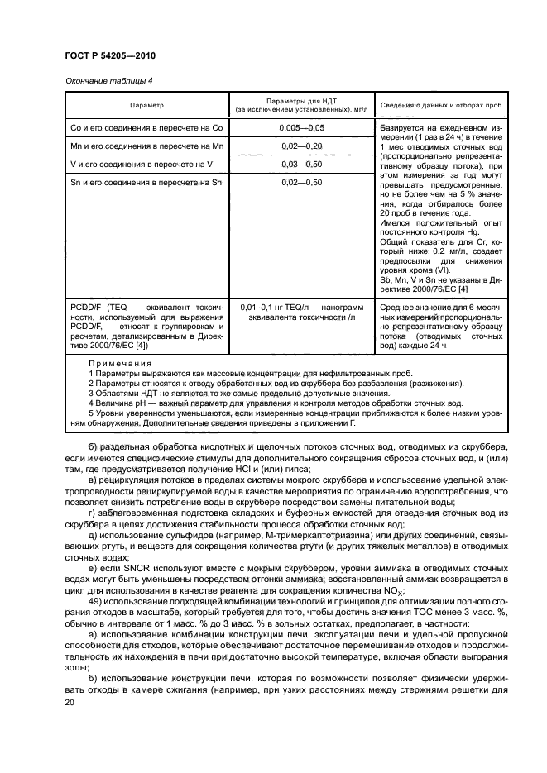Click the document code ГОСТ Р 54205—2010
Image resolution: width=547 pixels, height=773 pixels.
110,55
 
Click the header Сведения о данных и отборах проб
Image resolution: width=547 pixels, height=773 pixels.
429,105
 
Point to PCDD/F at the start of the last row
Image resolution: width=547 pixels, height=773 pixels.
84,307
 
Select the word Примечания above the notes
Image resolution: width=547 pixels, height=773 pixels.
120,363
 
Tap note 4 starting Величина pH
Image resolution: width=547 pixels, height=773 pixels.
257,403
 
